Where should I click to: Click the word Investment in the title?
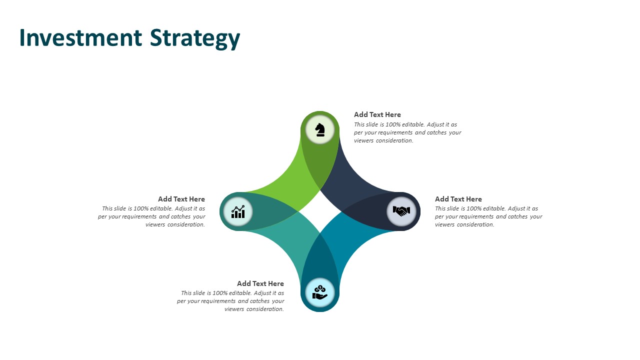(x=81, y=37)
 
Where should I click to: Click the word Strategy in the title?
(x=195, y=39)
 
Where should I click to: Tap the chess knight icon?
(x=320, y=129)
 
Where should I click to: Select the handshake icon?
(x=401, y=211)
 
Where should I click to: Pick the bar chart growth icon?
(x=238, y=211)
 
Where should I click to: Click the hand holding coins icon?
(x=320, y=292)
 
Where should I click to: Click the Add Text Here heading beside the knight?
(x=377, y=114)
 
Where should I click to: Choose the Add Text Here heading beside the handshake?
(x=458, y=199)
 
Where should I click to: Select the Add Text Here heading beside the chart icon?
(x=181, y=199)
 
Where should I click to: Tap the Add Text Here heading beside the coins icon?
(x=260, y=283)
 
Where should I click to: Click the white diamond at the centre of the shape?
(x=320, y=211)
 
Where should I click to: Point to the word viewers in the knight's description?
(x=363, y=140)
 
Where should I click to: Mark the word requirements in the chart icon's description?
(x=139, y=217)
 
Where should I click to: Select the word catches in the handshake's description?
(x=517, y=216)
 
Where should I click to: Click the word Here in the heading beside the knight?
(x=393, y=114)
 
